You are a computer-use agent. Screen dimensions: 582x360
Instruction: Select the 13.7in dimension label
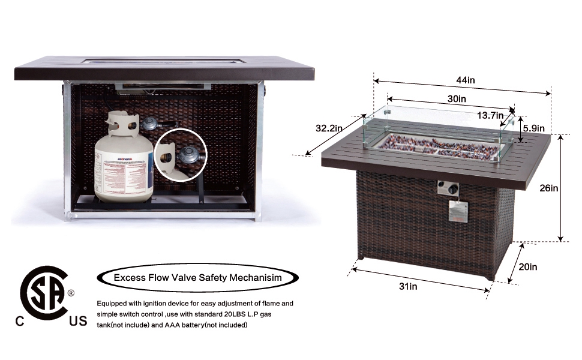490,115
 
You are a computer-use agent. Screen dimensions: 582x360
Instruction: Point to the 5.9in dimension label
533,128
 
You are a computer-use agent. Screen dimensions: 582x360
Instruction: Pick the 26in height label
549,188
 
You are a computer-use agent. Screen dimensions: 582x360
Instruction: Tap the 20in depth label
528,267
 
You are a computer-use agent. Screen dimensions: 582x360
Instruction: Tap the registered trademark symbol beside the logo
71,293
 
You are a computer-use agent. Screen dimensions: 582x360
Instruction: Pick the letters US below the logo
77,322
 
